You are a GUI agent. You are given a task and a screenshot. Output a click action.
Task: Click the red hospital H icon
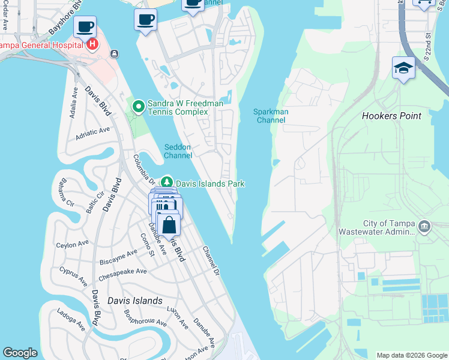(x=92, y=44)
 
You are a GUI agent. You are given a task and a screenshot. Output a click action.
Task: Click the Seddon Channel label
(x=178, y=151)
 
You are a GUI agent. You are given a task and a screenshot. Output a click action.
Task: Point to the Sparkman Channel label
(x=271, y=116)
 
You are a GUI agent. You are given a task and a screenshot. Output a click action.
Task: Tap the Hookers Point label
(x=391, y=116)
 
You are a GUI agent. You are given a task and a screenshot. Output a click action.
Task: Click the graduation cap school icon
(x=403, y=68)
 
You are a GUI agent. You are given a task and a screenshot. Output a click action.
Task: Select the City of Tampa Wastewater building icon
(x=424, y=227)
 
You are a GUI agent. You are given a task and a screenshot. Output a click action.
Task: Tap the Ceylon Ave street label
(x=72, y=244)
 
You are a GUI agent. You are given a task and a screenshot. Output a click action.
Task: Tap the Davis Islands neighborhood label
(x=134, y=301)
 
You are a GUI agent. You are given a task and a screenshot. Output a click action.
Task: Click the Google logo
(x=20, y=353)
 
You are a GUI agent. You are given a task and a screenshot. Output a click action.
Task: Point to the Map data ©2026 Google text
(x=411, y=355)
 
